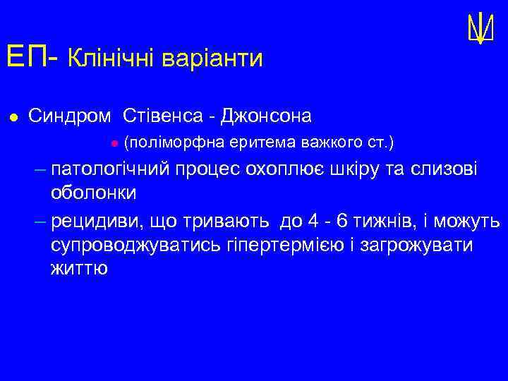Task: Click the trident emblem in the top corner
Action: [x=479, y=29]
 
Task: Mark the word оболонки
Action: [x=94, y=193]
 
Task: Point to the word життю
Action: [x=79, y=268]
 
